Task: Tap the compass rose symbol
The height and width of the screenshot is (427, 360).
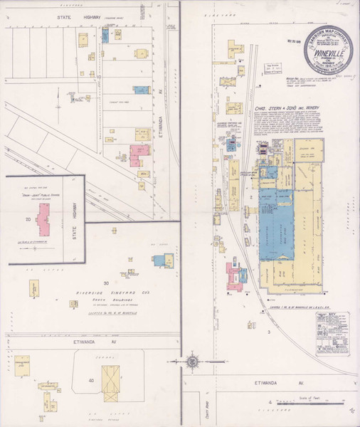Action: [192, 362]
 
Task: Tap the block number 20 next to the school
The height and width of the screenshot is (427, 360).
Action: [26, 220]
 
